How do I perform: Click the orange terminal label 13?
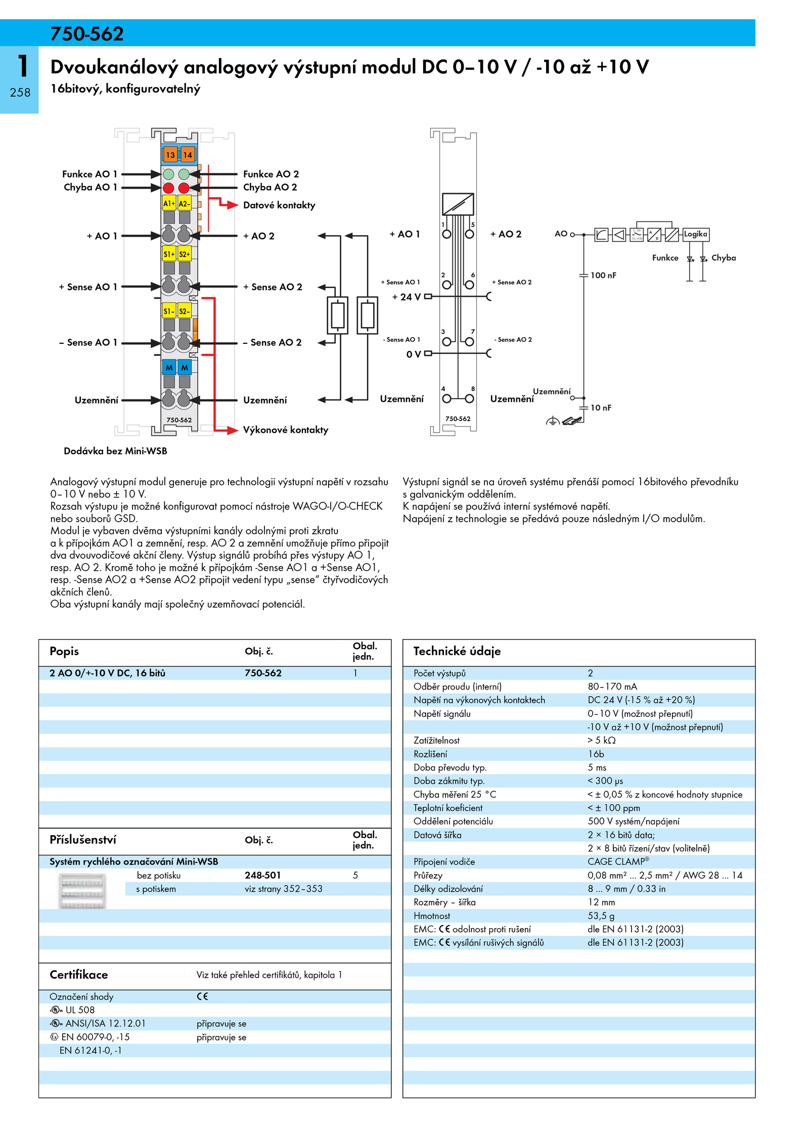(x=170, y=155)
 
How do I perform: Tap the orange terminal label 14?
(x=188, y=155)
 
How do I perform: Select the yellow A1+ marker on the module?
(x=169, y=203)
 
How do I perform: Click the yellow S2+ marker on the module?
(x=185, y=254)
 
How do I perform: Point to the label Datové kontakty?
(x=279, y=205)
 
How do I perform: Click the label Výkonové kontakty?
(x=286, y=430)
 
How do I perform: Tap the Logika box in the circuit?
(x=696, y=234)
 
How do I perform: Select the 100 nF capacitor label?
(x=603, y=275)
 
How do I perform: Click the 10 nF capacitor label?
(x=601, y=407)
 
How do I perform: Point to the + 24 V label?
(x=407, y=297)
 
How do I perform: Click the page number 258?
(x=20, y=93)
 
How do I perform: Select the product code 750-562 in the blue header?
(x=87, y=34)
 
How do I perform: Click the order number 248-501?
(x=263, y=875)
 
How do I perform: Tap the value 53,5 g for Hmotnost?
(x=601, y=916)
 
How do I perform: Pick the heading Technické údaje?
(x=457, y=651)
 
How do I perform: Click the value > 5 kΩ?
(x=602, y=740)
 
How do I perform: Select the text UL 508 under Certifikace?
(x=80, y=1010)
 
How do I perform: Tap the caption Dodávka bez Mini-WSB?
(x=115, y=451)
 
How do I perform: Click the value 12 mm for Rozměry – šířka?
(x=601, y=902)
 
